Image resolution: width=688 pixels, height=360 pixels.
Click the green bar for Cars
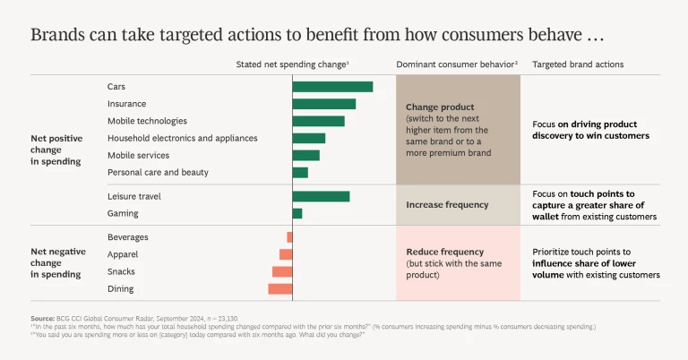332,87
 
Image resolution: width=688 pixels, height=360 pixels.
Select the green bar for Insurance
323,104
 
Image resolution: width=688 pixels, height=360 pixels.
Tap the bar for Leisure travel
321,196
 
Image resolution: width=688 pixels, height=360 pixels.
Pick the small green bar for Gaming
297,213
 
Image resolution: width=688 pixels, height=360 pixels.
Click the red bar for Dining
280,288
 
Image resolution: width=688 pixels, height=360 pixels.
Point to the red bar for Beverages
289,237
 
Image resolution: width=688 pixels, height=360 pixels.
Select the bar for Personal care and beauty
300,172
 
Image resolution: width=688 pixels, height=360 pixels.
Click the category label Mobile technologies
147,121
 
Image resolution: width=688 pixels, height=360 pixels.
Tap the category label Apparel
122,254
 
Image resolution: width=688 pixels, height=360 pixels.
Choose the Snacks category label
121,271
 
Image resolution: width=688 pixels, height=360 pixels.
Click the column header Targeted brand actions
578,64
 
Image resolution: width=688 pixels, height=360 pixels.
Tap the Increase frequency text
447,204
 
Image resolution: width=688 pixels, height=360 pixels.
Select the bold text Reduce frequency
444,252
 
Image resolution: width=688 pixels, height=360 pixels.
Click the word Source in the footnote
42,319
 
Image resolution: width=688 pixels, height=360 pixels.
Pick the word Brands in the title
56,36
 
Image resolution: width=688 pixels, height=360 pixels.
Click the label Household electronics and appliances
182,138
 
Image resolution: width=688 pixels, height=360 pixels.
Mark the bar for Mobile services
305,155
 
